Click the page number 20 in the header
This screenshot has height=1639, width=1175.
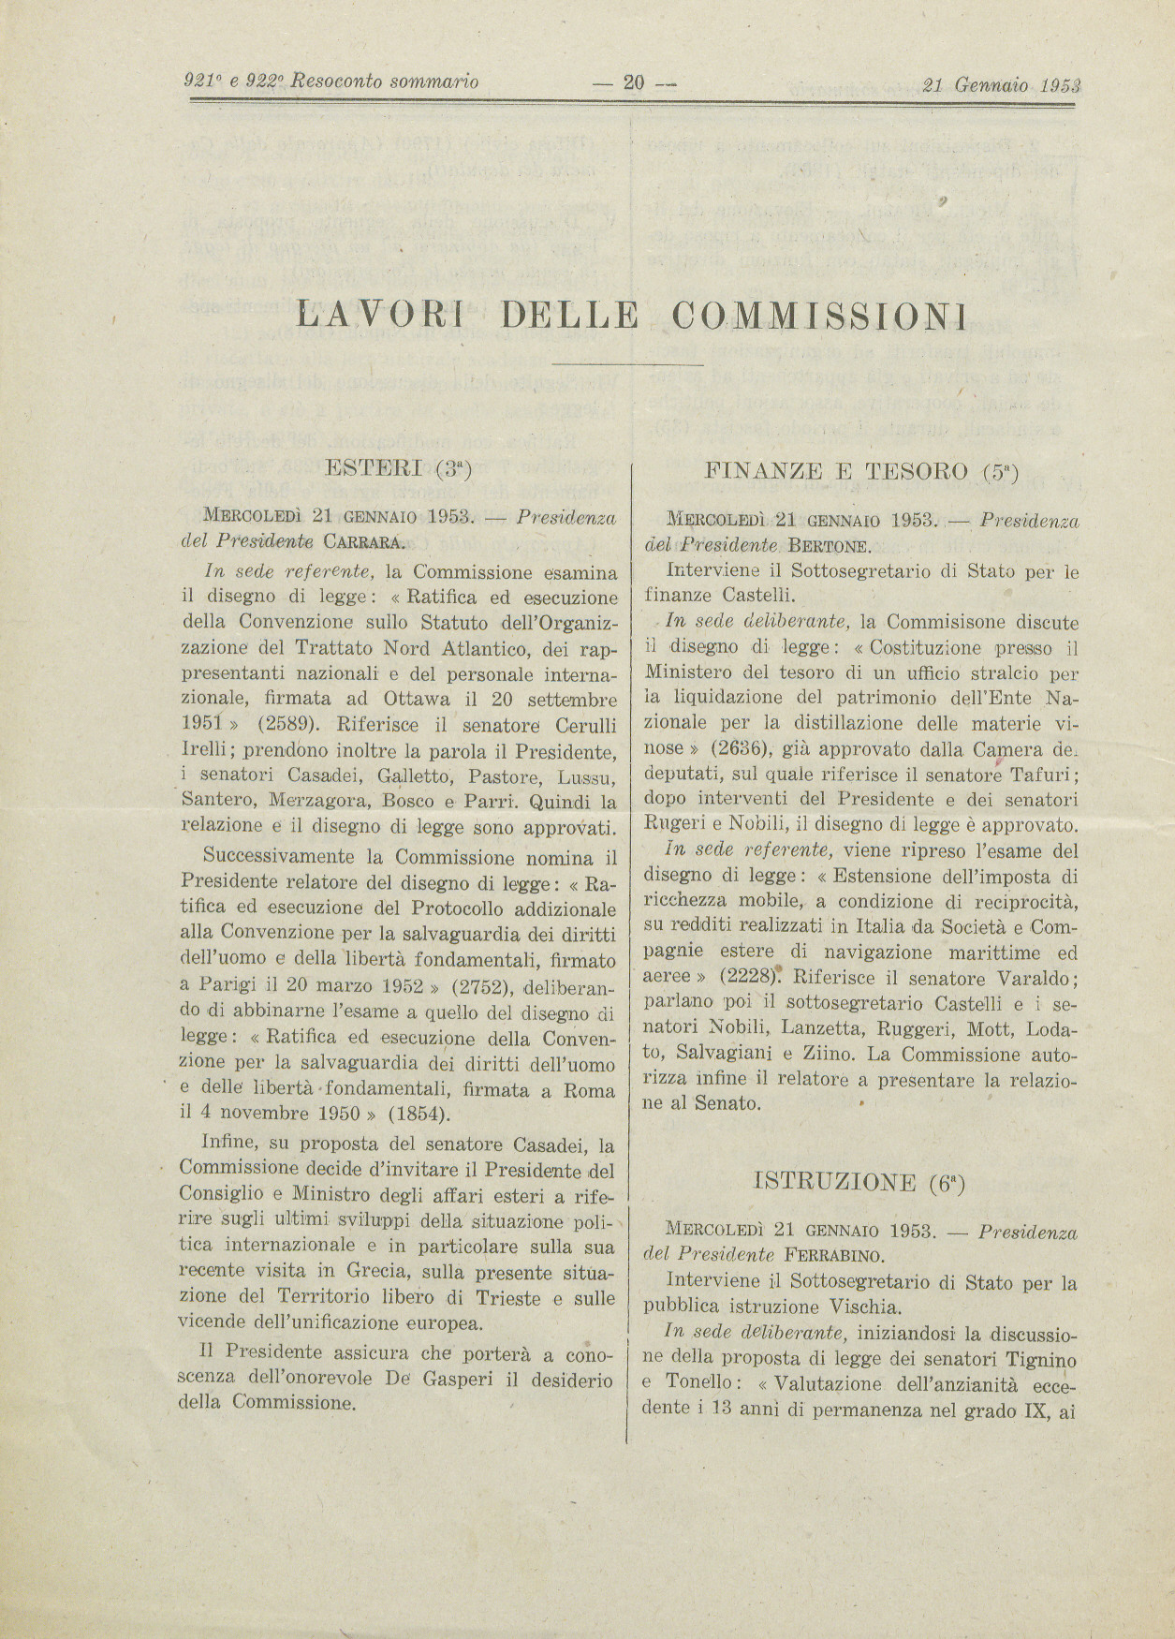(x=634, y=82)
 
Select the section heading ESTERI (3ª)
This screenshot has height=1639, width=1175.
(x=397, y=469)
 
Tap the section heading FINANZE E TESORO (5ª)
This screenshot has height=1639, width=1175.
(x=860, y=471)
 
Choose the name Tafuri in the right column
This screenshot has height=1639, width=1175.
(x=1043, y=774)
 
